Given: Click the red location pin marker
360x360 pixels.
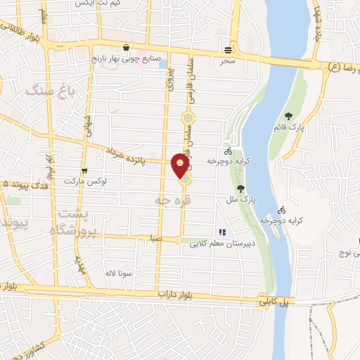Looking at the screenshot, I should pos(181,165).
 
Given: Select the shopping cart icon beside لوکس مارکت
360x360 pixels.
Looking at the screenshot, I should pos(84,170).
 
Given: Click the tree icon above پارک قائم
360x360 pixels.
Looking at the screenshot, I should pos(288,116).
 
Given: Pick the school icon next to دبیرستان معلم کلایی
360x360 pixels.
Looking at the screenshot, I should pos(222,232).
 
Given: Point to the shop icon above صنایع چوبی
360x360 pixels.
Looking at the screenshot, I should pos(125,48).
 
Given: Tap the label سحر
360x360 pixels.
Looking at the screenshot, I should pos(226,61).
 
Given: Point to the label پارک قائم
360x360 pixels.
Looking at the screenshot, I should pos(289,128).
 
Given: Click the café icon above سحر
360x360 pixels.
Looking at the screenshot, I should pos(226,50).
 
